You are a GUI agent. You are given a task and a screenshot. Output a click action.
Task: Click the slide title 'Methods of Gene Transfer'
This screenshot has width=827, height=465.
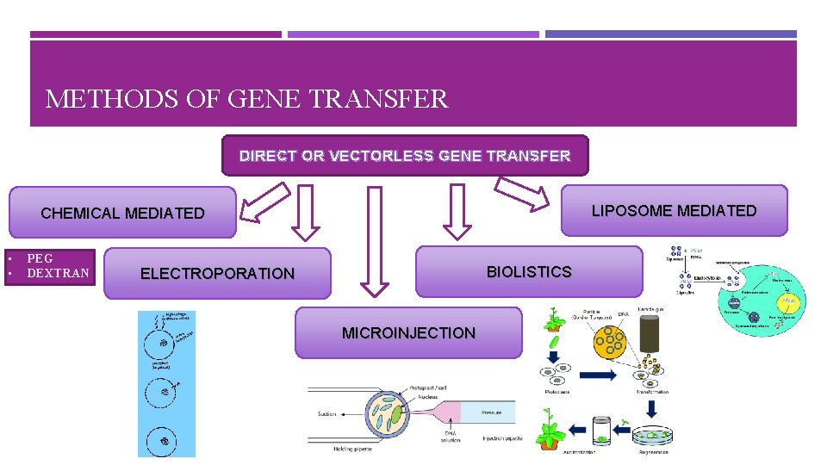click(x=246, y=99)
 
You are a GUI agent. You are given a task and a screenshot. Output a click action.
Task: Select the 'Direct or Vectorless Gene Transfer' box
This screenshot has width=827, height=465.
click(x=405, y=156)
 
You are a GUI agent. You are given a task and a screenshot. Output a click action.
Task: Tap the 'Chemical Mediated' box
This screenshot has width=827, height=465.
click(x=122, y=213)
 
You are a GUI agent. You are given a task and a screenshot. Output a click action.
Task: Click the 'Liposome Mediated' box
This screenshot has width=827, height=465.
click(x=674, y=211)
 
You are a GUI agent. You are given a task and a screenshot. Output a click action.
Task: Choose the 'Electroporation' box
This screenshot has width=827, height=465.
click(x=217, y=274)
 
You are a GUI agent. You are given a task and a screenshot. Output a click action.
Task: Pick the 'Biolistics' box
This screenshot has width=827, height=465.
click(x=529, y=272)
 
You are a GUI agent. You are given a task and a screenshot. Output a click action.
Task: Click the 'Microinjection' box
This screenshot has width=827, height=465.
click(x=408, y=332)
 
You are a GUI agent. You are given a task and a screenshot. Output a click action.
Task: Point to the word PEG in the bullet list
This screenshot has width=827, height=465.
click(x=40, y=258)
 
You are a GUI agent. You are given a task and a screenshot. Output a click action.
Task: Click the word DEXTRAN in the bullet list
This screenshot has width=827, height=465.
click(x=58, y=273)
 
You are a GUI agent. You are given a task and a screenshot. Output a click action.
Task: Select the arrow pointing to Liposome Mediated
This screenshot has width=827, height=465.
click(x=522, y=194)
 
